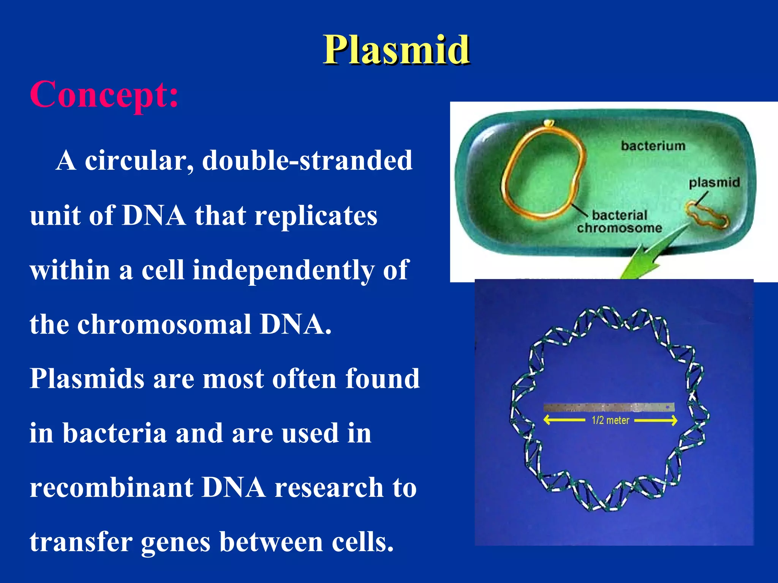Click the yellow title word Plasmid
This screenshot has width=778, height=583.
click(396, 50)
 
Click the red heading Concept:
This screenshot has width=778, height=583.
click(104, 95)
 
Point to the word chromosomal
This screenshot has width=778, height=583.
click(164, 325)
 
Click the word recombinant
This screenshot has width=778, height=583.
click(111, 488)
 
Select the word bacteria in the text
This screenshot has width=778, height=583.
click(115, 433)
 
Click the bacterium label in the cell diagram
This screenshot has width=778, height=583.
click(653, 146)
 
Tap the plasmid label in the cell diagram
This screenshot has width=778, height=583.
click(714, 183)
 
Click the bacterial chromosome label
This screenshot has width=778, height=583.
click(619, 222)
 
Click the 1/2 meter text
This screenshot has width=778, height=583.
click(610, 421)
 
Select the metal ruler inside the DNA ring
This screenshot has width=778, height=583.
click(609, 407)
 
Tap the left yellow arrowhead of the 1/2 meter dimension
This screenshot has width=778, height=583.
click(547, 420)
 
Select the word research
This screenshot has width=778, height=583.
click(329, 488)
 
